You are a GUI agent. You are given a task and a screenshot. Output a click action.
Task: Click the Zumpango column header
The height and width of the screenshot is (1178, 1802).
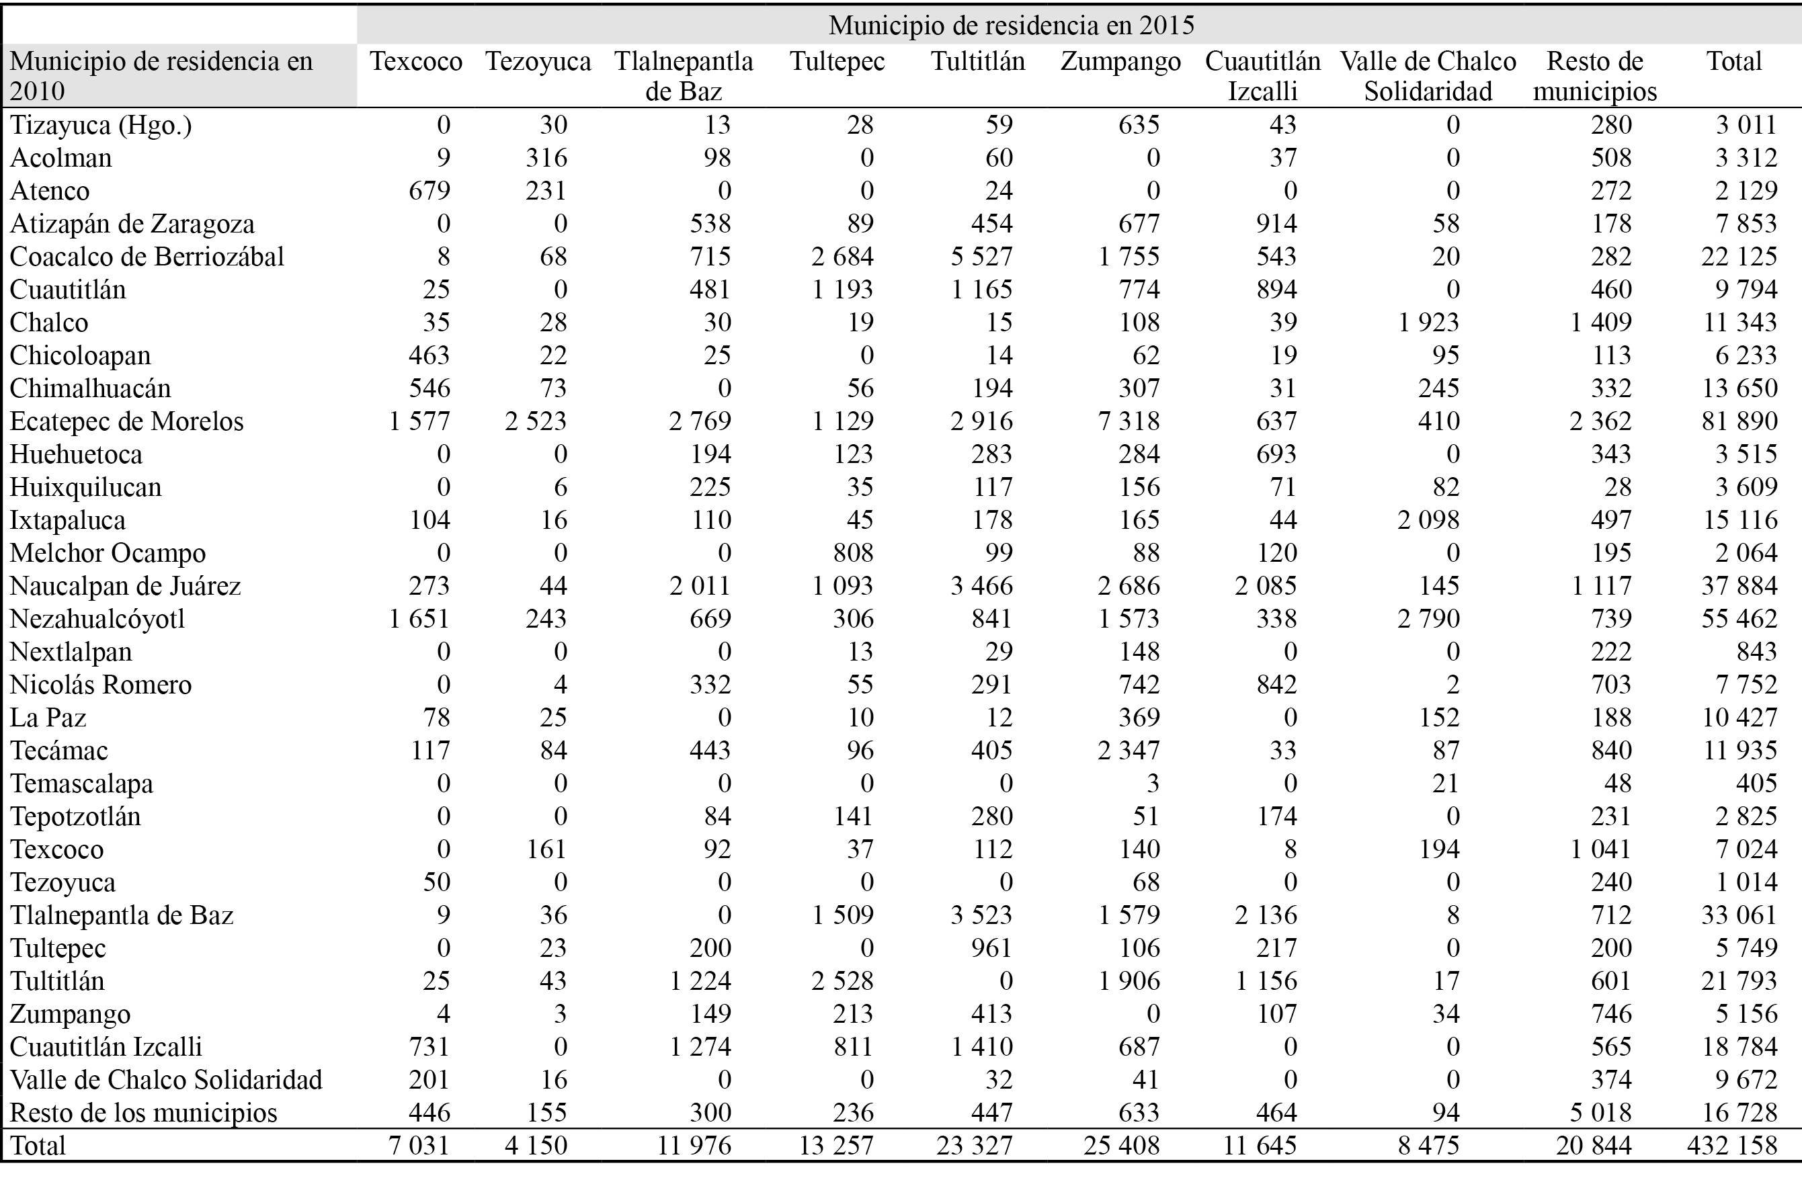[x=1120, y=61]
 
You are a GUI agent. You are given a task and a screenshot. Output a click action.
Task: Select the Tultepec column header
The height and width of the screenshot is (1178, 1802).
[x=837, y=61]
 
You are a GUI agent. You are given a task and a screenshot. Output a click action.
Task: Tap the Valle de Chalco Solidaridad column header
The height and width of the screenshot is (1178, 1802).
[x=1428, y=76]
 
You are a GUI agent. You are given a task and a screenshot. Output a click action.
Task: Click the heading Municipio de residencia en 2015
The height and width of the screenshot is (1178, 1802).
[x=1012, y=25]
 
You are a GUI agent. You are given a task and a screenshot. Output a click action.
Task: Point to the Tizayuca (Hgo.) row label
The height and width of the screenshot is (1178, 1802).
[x=101, y=125]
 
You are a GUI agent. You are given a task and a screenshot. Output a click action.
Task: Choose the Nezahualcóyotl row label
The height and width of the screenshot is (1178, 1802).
[x=97, y=618]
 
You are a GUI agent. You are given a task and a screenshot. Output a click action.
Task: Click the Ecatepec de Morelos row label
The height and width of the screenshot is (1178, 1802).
[x=126, y=421]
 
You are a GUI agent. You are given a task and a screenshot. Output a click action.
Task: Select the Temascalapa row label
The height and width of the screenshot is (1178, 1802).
[x=82, y=784]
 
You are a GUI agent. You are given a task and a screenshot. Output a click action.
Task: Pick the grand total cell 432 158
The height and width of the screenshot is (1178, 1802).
[x=1731, y=1146]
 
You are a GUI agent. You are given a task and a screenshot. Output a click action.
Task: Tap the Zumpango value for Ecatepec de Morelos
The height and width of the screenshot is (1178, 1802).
[x=1129, y=421]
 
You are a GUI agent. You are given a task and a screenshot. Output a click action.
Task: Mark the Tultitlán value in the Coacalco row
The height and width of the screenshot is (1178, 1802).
[x=981, y=257]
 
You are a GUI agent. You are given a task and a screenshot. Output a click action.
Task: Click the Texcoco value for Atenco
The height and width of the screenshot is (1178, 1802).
[x=429, y=191]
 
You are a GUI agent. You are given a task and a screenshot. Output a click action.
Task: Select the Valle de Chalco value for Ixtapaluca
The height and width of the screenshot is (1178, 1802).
[x=1428, y=520]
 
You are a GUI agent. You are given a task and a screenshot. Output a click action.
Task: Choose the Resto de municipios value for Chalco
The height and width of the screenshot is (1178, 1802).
[x=1600, y=323]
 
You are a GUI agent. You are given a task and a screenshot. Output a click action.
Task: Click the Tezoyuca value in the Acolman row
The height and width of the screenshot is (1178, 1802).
[x=546, y=157]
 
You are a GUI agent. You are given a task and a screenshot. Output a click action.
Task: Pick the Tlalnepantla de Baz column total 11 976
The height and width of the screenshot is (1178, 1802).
[x=694, y=1146]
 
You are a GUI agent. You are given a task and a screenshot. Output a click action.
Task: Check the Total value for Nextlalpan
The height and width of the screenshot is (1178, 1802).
[x=1756, y=652]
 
